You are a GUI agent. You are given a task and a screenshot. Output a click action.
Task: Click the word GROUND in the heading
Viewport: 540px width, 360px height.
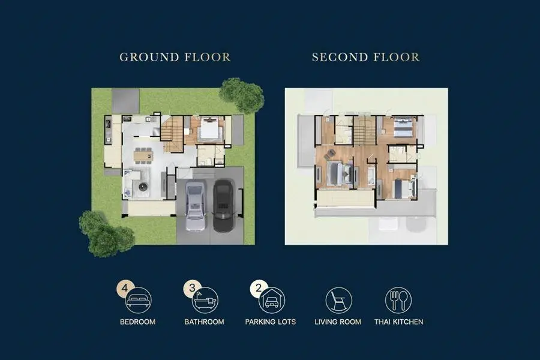point(149,57)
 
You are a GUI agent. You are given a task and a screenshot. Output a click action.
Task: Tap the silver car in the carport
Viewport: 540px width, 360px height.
point(196,206)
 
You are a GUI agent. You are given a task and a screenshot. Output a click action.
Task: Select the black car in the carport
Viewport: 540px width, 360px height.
point(223,206)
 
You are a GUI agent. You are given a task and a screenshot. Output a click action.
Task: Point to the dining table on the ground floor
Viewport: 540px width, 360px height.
point(143,156)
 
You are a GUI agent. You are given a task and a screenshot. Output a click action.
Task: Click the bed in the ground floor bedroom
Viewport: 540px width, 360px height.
point(209,130)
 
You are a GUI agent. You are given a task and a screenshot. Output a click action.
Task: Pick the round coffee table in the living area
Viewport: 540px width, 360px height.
point(143,187)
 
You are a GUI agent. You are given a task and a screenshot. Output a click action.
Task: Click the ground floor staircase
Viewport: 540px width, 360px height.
point(172,134)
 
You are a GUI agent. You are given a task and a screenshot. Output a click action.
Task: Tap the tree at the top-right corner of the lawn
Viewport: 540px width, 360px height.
point(242,95)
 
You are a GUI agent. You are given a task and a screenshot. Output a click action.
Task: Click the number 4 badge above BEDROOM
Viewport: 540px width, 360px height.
point(125,287)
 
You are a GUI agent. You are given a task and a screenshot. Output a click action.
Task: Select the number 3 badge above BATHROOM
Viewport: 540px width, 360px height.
point(192,287)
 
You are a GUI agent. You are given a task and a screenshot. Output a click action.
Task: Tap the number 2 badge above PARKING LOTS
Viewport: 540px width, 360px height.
point(259,287)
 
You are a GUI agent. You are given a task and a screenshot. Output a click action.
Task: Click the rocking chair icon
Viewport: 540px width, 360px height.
point(338,299)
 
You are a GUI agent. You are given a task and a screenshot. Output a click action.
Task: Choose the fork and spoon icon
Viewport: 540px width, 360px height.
point(398,300)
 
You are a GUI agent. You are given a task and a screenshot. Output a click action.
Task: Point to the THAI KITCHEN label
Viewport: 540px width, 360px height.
point(399,322)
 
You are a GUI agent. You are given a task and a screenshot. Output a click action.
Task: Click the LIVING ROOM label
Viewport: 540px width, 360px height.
point(338,322)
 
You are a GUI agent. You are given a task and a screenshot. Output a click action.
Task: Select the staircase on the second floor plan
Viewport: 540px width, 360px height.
point(365,131)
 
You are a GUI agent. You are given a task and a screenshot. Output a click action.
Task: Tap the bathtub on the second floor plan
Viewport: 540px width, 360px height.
point(371,176)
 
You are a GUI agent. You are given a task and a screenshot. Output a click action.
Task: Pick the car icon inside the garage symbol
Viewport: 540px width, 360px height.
point(272,302)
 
